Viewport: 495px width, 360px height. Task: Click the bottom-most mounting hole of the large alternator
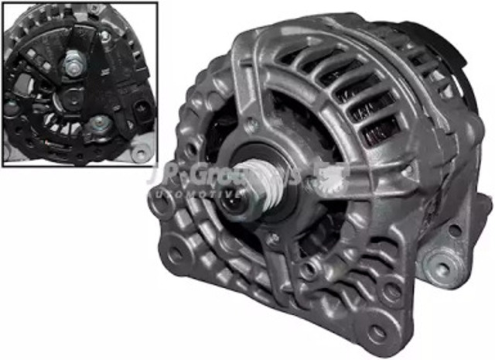coord(377,333)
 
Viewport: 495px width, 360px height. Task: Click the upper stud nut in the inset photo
coord(70,58)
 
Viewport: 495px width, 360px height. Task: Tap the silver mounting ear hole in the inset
coord(138,153)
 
